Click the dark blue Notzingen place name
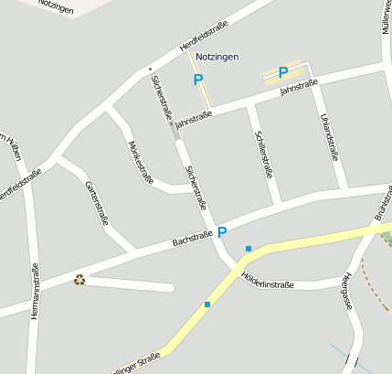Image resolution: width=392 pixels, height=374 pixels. coord(217,57)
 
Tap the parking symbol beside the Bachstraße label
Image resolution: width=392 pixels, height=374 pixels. coord(222,232)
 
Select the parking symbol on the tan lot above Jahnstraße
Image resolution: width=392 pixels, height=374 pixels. coord(282,72)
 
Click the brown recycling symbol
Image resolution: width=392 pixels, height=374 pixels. coord(79,280)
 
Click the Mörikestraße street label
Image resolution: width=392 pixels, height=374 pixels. coord(141,162)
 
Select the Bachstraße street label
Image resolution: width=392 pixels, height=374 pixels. coord(193,240)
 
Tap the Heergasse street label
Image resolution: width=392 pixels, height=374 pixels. coord(345,292)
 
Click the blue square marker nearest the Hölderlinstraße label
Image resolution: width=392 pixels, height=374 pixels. coord(248,248)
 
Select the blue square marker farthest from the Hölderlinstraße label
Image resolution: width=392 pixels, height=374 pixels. coord(207,305)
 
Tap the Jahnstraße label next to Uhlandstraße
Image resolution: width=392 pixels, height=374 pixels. coord(299,89)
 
